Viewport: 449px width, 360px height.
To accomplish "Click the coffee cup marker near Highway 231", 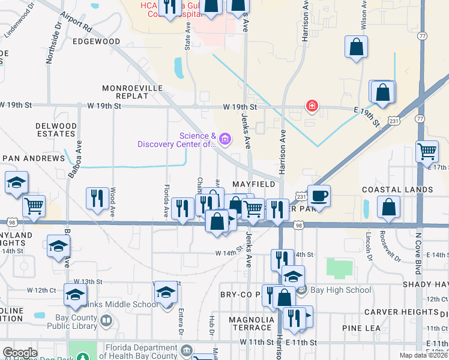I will pos(319,196).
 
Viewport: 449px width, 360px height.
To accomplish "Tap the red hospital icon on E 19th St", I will pos(312,107).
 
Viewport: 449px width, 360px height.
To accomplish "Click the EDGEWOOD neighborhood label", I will pos(96,42).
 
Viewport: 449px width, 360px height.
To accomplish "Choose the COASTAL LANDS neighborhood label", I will pos(397,190).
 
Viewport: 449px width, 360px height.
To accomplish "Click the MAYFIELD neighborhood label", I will pos(253,184).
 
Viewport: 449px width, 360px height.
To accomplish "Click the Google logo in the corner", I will pos(20,353).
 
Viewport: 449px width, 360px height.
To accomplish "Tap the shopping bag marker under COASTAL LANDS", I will pos(389,207).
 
